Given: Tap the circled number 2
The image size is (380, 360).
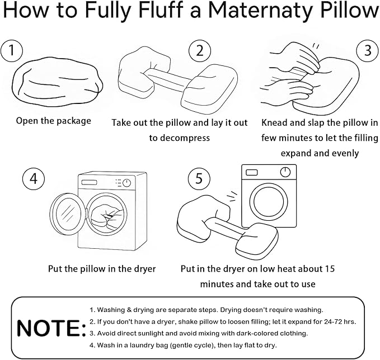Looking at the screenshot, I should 199,51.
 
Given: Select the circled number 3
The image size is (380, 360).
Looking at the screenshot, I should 367,51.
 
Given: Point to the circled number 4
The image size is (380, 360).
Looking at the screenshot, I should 33,179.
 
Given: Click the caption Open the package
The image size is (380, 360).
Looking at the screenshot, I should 53,121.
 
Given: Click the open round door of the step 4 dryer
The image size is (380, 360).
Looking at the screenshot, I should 67,212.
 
